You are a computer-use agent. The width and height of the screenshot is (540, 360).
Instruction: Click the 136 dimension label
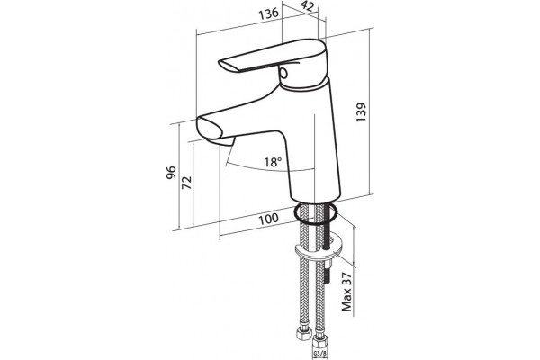[x=268, y=13]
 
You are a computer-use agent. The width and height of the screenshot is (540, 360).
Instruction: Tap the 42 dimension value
[x=306, y=6]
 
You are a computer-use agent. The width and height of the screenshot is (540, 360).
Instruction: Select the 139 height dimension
[x=361, y=112]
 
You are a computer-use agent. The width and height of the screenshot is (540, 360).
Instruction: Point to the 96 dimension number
[x=171, y=172]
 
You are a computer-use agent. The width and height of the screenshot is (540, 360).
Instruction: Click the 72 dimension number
[x=186, y=183]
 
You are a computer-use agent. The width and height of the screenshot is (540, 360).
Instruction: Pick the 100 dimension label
[x=268, y=219]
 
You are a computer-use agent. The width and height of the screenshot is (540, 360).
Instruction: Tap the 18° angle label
[x=273, y=162]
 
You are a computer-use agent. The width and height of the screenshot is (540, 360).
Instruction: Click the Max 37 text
[x=347, y=292]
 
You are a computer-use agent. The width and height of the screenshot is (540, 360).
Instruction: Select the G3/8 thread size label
[x=318, y=354]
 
